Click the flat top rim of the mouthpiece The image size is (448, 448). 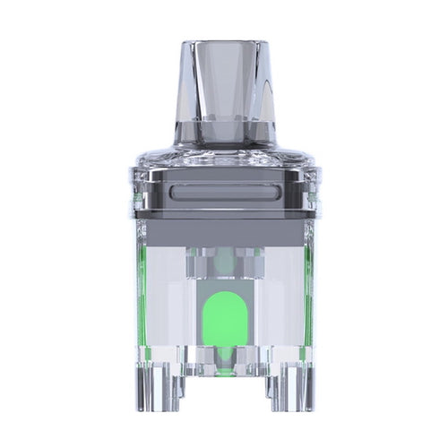click(x=224, y=44)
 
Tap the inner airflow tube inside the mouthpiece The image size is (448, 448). click(x=224, y=90)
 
